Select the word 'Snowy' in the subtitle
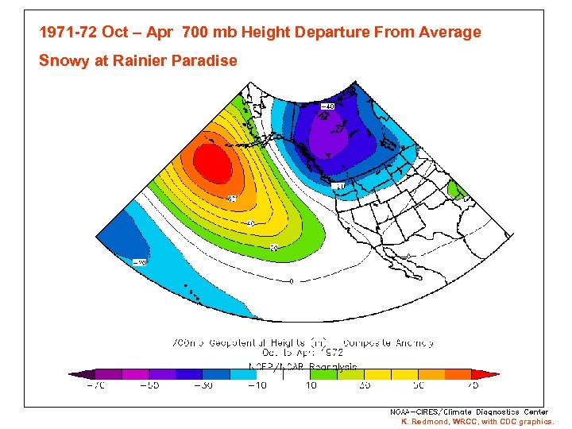(64, 61)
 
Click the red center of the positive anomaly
(212, 163)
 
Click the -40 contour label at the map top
(327, 106)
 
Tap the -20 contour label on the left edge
(139, 261)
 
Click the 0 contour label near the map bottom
(292, 280)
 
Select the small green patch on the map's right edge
(455, 190)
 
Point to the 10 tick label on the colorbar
(311, 385)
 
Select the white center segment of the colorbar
(284, 374)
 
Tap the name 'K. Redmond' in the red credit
(425, 422)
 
